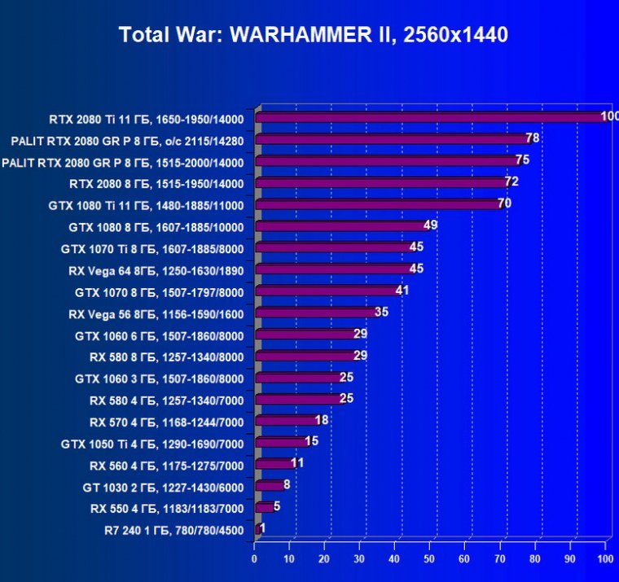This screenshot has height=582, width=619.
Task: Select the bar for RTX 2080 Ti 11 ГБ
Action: pyautogui.click(x=432, y=118)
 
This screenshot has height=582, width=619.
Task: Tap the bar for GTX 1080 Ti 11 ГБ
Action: pyautogui.click(x=379, y=204)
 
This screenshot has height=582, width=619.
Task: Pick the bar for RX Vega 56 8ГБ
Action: pyautogui.click(x=318, y=313)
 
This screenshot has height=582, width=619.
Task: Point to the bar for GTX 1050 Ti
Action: pyautogui.click(x=282, y=442)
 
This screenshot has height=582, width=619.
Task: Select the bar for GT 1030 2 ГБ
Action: pyautogui.click(x=270, y=486)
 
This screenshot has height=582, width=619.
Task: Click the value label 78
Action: pyautogui.click(x=533, y=138)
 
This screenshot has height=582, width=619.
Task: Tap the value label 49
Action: pyautogui.click(x=431, y=225)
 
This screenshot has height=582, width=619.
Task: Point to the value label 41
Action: pyautogui.click(x=402, y=291)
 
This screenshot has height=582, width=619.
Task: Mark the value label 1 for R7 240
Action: pyautogui.click(x=262, y=527)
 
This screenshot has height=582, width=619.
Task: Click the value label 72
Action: pyautogui.click(x=511, y=182)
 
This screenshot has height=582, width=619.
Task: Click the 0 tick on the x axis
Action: pyautogui.click(x=254, y=560)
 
